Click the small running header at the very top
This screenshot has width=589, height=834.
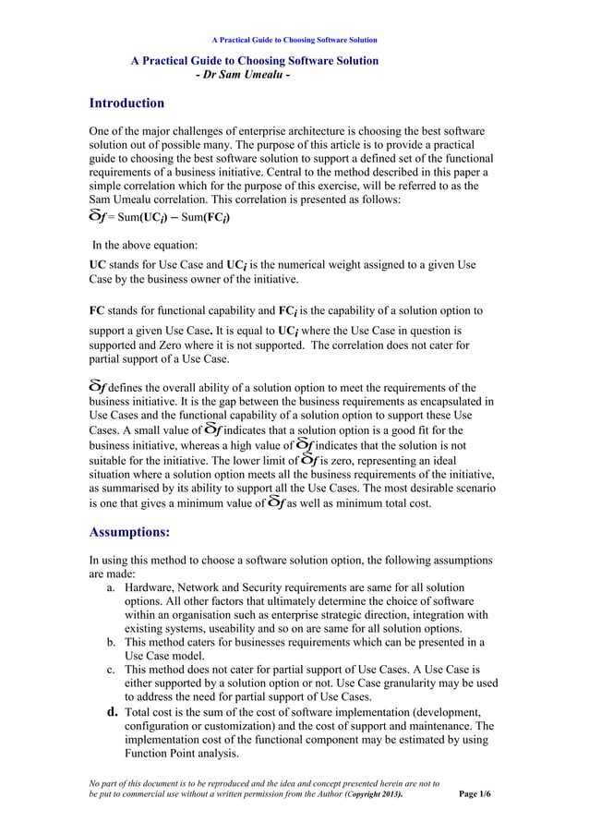tap(294, 40)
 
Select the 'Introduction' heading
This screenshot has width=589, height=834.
tap(126, 103)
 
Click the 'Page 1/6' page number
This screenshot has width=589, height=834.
tap(475, 793)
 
